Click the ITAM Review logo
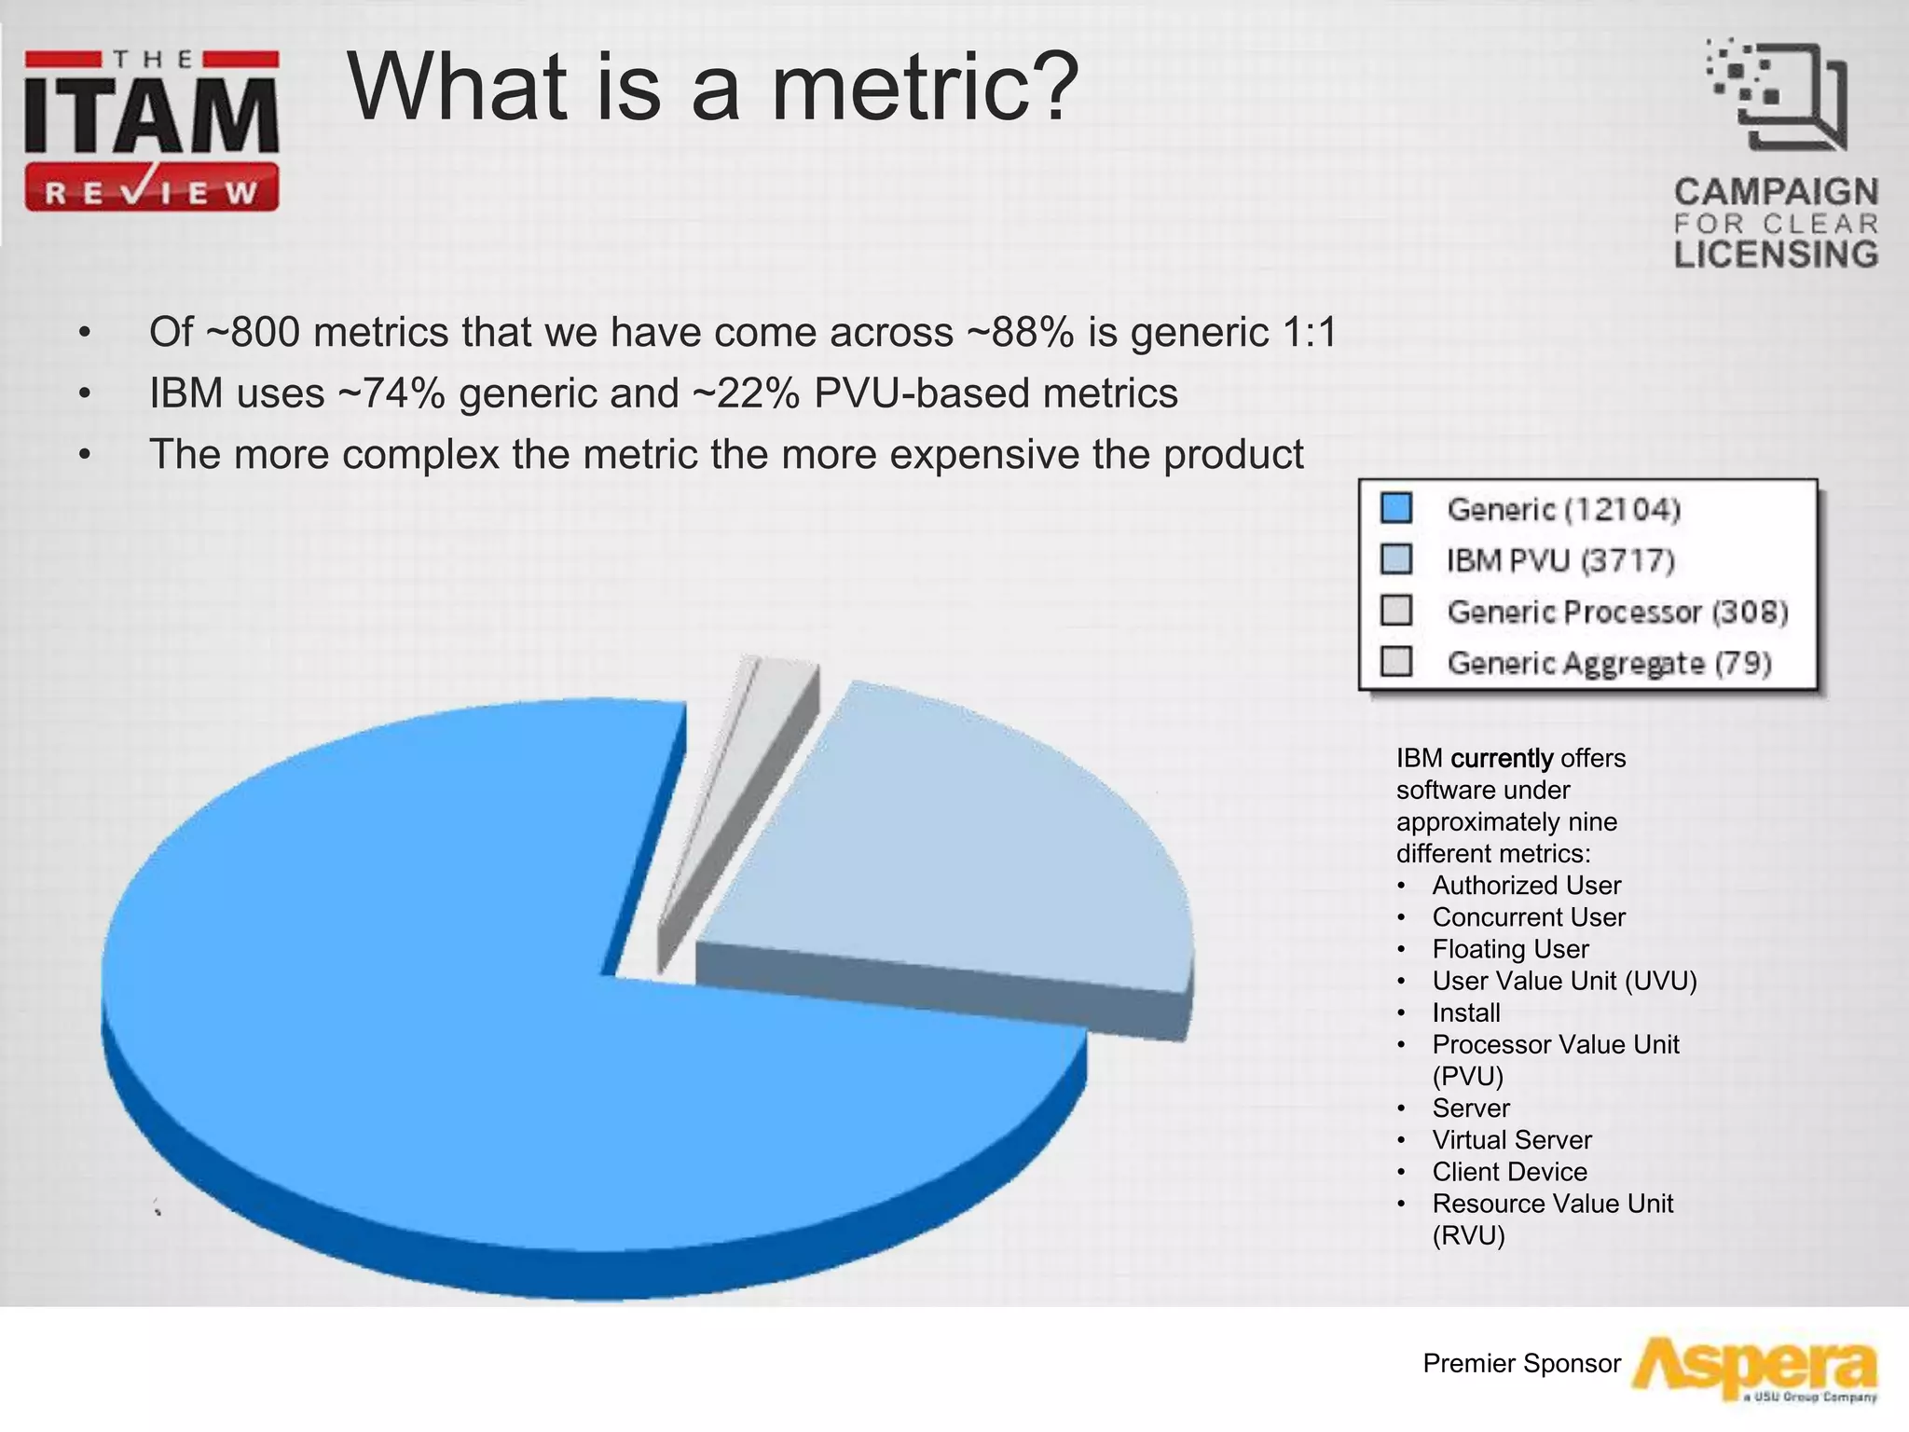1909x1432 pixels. (152, 131)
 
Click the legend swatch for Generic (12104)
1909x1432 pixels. (1396, 509)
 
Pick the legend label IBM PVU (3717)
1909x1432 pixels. (1560, 560)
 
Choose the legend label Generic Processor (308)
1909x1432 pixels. (1617, 612)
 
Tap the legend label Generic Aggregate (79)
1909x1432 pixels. (1609, 663)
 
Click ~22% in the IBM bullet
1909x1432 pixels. (746, 393)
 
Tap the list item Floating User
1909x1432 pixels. (1510, 949)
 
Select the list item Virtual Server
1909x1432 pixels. (1512, 1140)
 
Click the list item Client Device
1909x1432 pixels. (1509, 1172)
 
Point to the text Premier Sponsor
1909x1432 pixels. (1521, 1364)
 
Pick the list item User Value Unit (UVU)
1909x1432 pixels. (1564, 981)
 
